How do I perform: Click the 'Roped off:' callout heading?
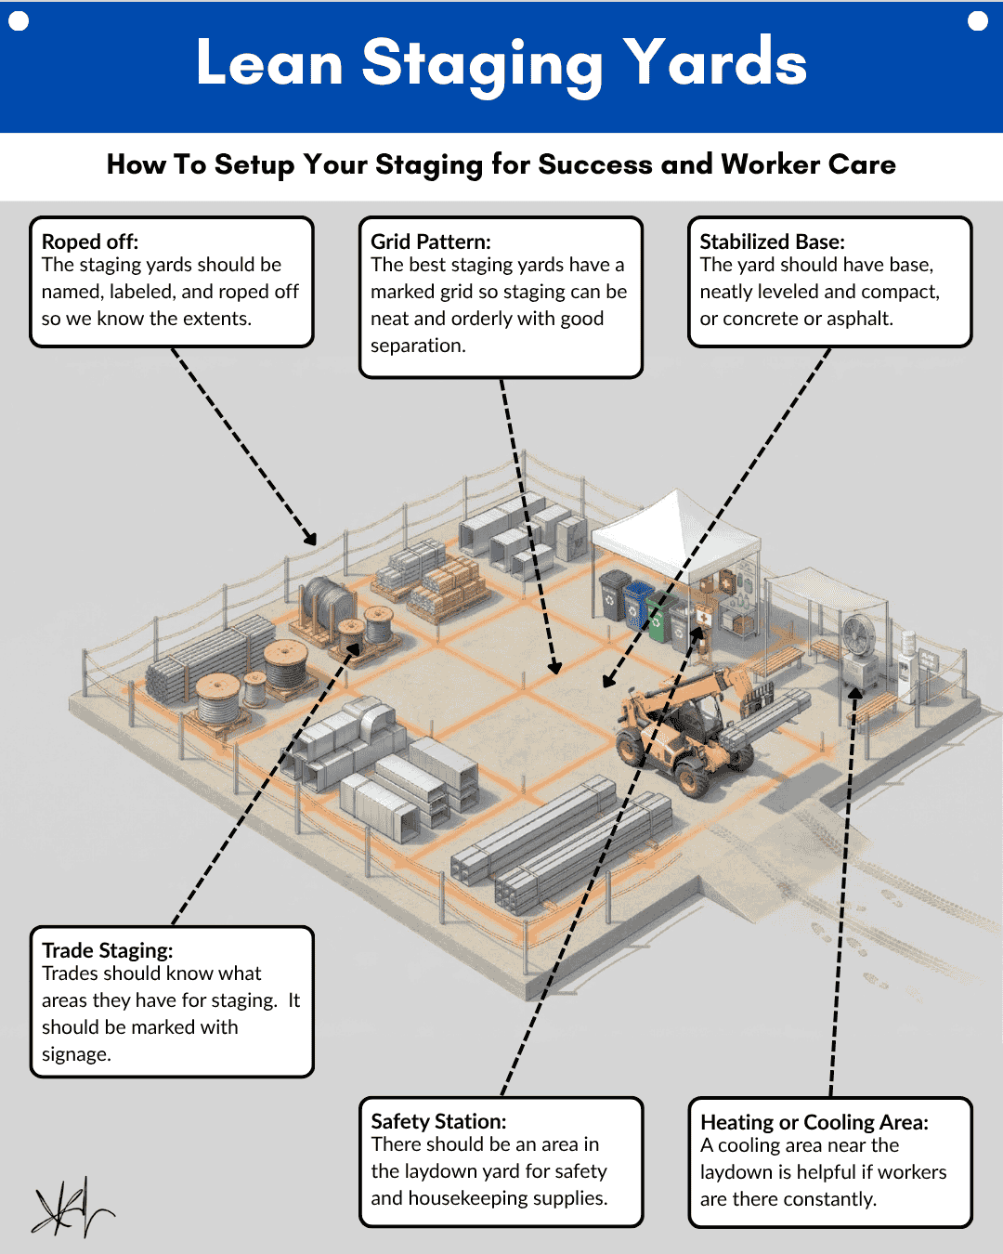point(90,242)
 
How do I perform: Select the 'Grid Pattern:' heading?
point(431,242)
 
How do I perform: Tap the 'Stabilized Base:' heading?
point(772,242)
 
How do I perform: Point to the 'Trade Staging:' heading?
point(108,950)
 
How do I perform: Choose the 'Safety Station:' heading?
point(438,1121)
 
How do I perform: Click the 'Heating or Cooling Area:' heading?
point(814,1122)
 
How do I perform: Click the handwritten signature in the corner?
point(71,1208)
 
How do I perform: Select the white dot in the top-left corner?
point(19,20)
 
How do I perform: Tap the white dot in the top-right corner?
point(978,20)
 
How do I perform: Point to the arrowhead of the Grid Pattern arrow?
point(555,668)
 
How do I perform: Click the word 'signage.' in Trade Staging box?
point(76,1054)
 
